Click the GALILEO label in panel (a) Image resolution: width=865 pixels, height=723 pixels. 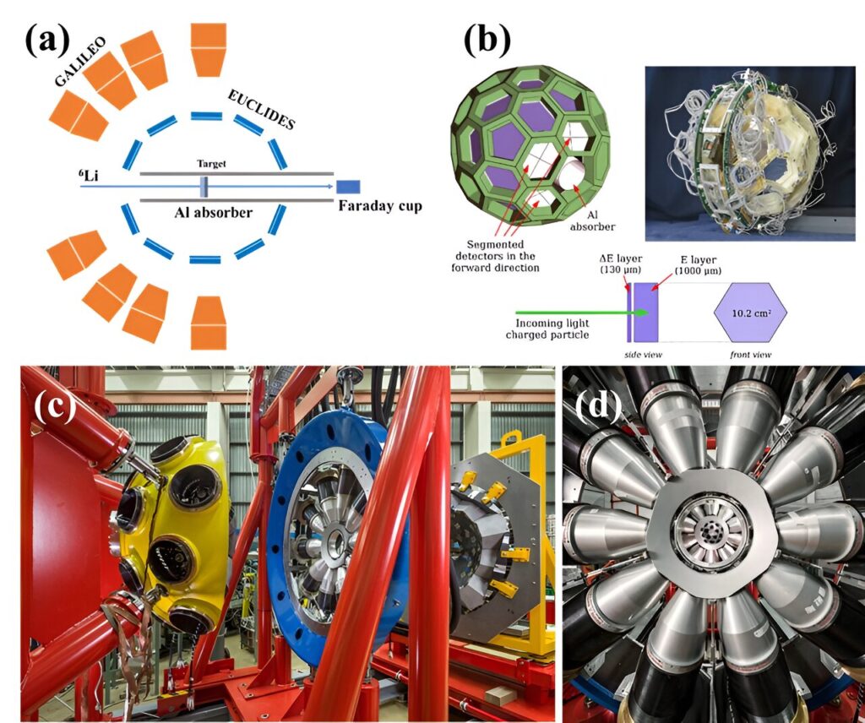[80, 63]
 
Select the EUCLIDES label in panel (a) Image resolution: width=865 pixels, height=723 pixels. [261, 110]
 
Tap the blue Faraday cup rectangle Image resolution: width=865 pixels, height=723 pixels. [348, 187]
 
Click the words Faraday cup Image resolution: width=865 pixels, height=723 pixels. [380, 206]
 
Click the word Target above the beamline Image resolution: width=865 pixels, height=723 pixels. [211, 164]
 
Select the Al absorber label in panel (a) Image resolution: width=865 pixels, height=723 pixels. [214, 212]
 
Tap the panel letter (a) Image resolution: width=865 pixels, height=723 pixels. [48, 41]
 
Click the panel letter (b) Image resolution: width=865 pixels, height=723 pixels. [487, 41]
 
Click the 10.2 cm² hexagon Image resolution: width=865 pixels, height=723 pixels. [750, 313]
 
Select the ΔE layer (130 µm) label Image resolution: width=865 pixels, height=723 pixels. [621, 264]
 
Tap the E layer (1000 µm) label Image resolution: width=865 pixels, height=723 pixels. [698, 264]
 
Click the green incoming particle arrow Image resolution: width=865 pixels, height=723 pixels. [581, 313]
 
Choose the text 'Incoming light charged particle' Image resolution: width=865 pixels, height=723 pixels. [547, 329]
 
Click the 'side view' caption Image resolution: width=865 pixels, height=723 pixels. [643, 355]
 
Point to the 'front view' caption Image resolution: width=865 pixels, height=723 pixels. [750, 355]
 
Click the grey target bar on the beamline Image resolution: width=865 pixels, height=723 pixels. [204, 187]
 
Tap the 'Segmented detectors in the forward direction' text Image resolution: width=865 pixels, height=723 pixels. [495, 256]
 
